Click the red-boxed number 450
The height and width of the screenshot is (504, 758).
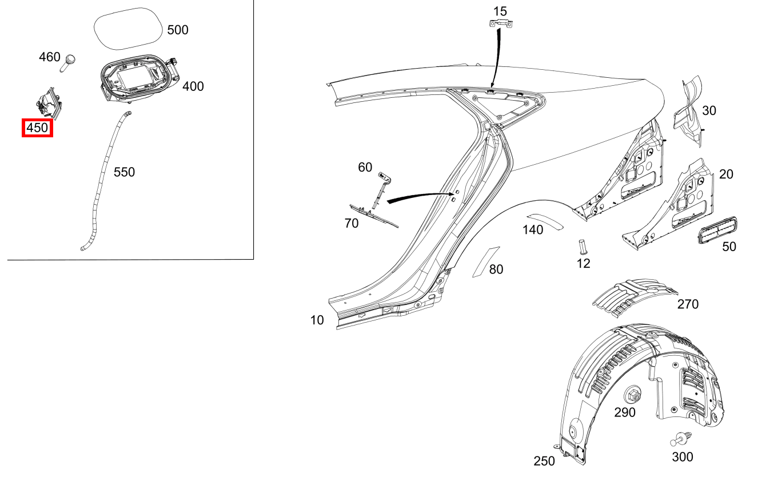pos(37,128)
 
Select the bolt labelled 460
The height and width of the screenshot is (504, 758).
pos(69,62)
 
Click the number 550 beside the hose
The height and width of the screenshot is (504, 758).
pos(124,172)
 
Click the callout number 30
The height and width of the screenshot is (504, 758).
pos(709,110)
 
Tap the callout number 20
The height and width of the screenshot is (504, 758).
pos(726,174)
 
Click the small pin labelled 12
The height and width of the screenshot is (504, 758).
pos(583,247)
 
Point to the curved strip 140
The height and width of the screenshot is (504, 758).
pos(544,221)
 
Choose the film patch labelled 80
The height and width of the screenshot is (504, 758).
pos(485,261)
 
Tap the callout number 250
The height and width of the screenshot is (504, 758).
pos(544,461)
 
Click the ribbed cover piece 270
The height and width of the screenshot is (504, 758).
pos(632,297)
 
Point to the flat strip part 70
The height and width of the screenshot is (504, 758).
pos(373,216)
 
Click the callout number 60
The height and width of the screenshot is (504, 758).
pos(365,167)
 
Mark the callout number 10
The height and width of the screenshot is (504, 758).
pos(317,320)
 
